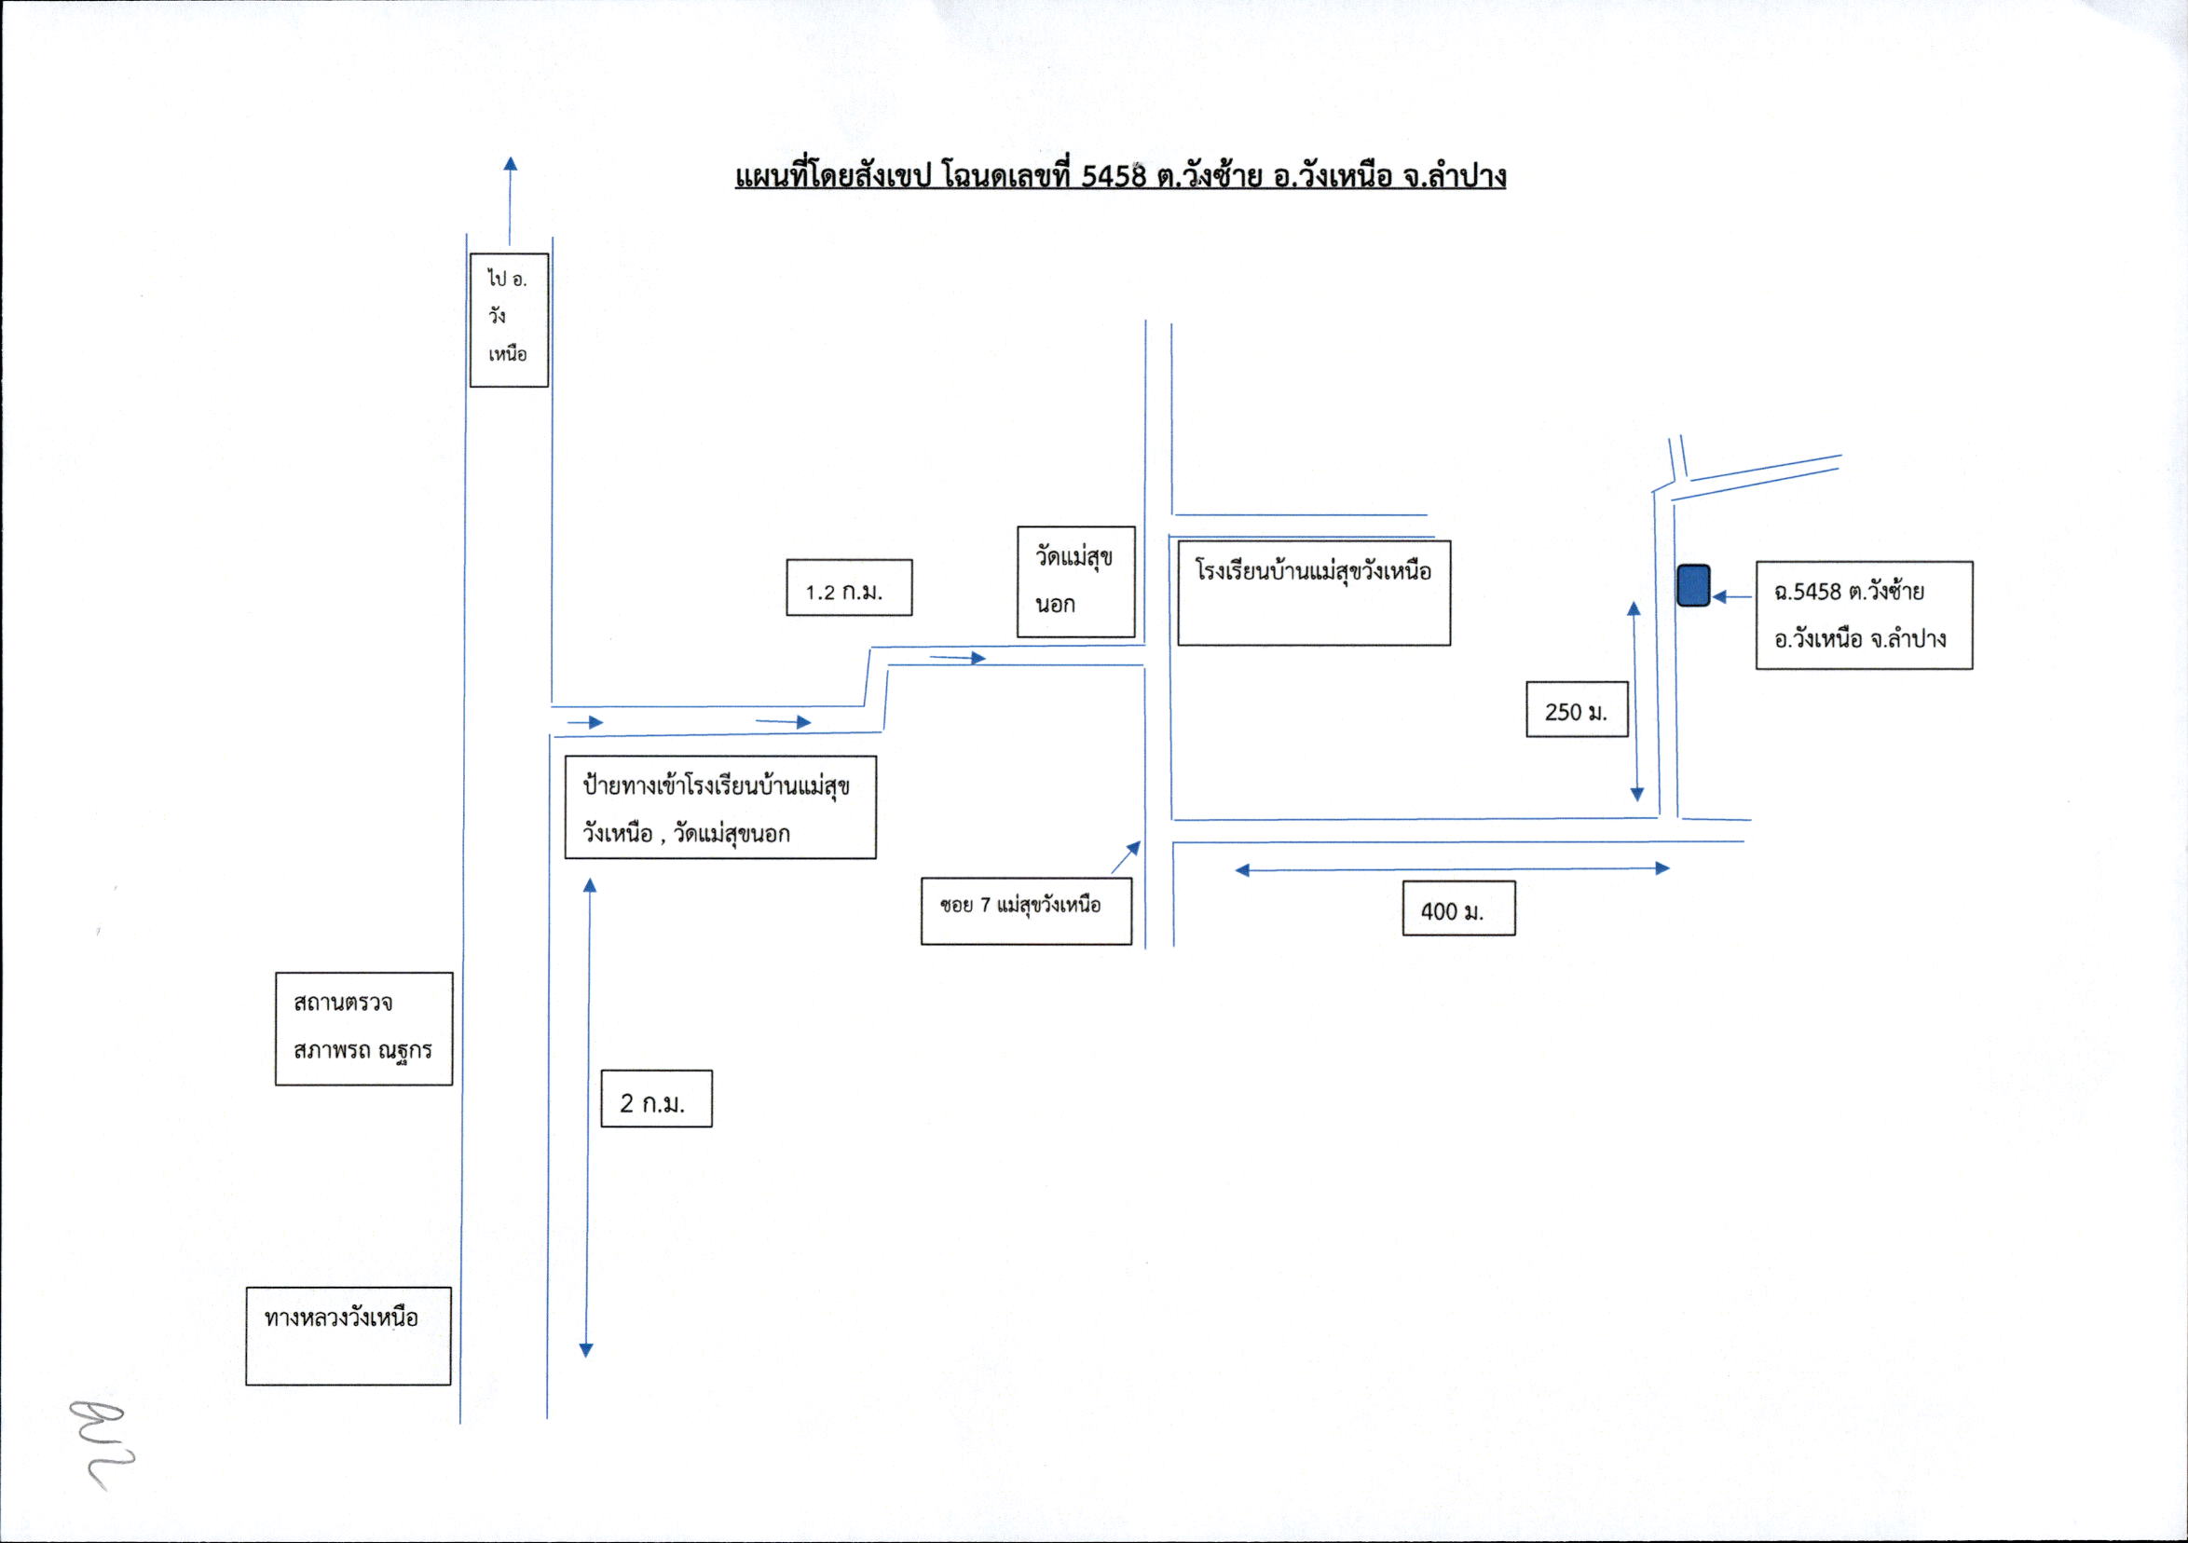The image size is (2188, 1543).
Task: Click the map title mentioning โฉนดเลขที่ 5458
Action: click(x=1120, y=177)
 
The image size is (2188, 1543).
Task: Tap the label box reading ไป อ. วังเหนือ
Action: click(x=509, y=321)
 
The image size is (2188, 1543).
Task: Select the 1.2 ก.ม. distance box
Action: click(x=849, y=587)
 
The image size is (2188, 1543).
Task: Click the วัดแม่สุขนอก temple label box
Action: click(x=1076, y=581)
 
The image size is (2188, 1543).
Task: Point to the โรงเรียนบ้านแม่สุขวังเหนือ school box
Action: click(x=1314, y=593)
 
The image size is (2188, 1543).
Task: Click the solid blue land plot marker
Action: click(x=1693, y=585)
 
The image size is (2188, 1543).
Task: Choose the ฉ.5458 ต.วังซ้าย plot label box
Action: click(x=1864, y=615)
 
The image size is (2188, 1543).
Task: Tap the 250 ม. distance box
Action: click(x=1577, y=709)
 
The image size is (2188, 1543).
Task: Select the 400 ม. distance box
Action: click(x=1459, y=908)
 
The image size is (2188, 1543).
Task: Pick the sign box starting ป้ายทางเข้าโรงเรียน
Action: click(x=720, y=807)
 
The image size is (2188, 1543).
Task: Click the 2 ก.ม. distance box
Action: click(x=657, y=1099)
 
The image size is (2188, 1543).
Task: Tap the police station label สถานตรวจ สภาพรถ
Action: click(x=364, y=1029)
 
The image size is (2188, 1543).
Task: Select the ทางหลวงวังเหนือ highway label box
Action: click(x=349, y=1335)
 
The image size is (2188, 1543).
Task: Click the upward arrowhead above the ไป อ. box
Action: click(x=511, y=163)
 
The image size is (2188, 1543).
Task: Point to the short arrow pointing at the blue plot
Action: click(x=1732, y=596)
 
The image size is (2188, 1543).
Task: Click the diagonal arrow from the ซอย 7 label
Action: click(x=1127, y=857)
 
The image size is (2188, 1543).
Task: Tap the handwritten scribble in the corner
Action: click(x=103, y=1442)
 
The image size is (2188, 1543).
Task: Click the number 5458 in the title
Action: click(x=1114, y=176)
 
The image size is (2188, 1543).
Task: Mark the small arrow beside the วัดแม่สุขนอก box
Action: click(x=958, y=658)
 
